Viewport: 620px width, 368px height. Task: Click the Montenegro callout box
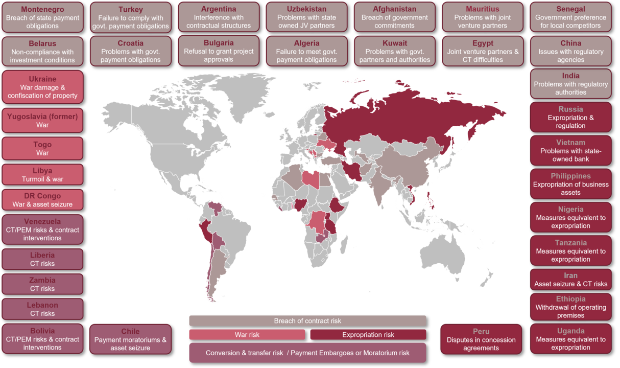pyautogui.click(x=42, y=18)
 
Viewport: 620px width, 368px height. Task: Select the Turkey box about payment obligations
pyautogui.click(x=131, y=18)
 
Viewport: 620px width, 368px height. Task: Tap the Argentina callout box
pyautogui.click(x=219, y=17)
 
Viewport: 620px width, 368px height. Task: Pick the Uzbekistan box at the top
pyautogui.click(x=306, y=17)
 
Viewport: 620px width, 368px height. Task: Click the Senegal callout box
pyautogui.click(x=570, y=17)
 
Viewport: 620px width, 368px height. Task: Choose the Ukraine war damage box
pyautogui.click(x=42, y=87)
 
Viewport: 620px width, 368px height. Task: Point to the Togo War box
pyautogui.click(x=42, y=149)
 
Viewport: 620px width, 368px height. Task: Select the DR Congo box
pyautogui.click(x=42, y=200)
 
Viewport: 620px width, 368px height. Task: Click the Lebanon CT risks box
pyautogui.click(x=42, y=309)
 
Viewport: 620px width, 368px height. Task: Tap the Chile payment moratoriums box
pyautogui.click(x=130, y=339)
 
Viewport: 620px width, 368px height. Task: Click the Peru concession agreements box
pyautogui.click(x=481, y=339)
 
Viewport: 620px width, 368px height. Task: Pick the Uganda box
pyautogui.click(x=570, y=339)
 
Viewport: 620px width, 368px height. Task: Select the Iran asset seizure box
pyautogui.click(x=570, y=280)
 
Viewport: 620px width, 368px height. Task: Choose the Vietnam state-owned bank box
pyautogui.click(x=570, y=150)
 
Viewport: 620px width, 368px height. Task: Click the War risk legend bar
pyautogui.click(x=247, y=335)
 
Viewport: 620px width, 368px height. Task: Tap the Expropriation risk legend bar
pyautogui.click(x=368, y=335)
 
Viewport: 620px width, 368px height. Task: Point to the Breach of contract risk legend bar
pyautogui.click(x=307, y=321)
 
